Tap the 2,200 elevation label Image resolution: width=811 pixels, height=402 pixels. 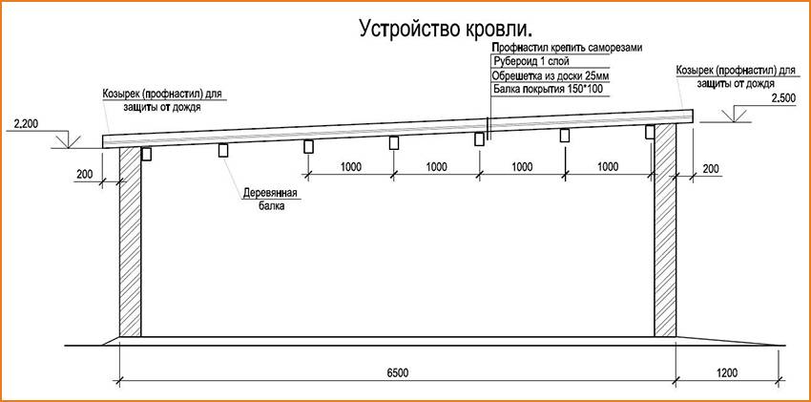point(25,124)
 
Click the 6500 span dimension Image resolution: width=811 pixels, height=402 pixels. point(398,371)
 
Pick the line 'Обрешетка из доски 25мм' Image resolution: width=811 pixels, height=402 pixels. point(549,74)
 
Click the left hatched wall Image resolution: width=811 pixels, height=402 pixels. point(130,243)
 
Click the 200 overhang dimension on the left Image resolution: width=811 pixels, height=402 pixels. point(85,174)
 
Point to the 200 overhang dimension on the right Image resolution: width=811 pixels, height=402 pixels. point(710,168)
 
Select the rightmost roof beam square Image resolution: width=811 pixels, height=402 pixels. point(651,132)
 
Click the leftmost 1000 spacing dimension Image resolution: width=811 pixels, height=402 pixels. point(350,166)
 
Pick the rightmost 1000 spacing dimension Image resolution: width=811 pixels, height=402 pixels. point(606,166)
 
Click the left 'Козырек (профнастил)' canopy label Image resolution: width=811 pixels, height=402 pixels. point(163,99)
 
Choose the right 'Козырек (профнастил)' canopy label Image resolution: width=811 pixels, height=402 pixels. point(735,77)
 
